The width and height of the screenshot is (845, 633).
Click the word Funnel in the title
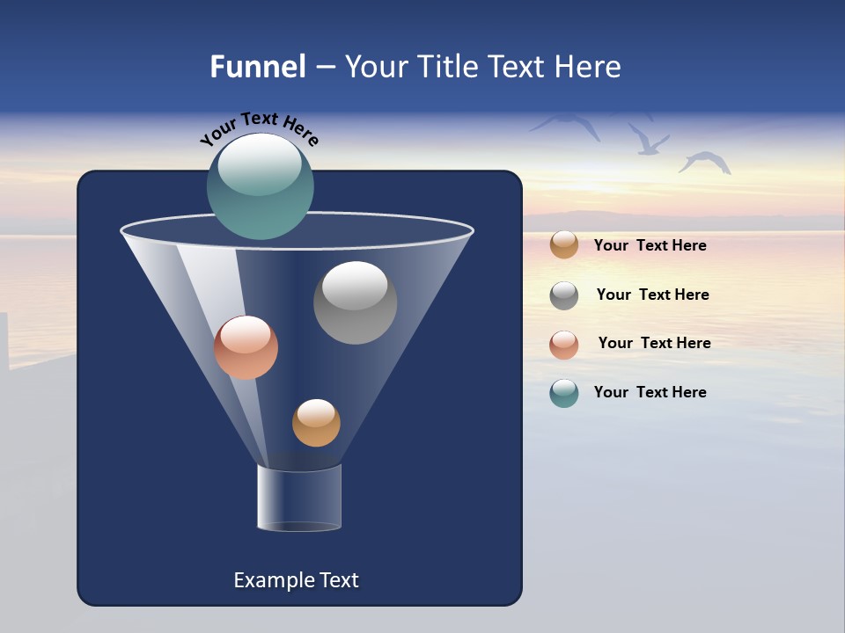[257, 67]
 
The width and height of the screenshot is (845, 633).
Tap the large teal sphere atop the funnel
[261, 186]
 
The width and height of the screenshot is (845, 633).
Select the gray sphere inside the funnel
[355, 302]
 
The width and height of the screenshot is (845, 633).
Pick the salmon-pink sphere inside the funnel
[246, 347]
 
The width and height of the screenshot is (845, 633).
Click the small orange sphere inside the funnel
[316, 423]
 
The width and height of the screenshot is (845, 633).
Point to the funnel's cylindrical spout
[298, 498]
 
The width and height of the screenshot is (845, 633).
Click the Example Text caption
[296, 580]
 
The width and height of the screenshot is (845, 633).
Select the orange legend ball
[564, 245]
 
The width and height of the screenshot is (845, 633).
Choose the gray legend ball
[564, 295]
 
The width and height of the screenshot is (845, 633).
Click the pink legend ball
[564, 345]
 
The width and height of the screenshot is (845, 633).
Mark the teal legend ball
[564, 393]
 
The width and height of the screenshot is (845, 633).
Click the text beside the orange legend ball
[650, 246]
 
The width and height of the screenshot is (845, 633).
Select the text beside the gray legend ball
[652, 295]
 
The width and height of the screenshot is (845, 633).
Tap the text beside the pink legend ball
[654, 344]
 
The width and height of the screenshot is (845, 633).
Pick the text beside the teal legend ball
[650, 393]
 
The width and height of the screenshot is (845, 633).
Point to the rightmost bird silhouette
[705, 162]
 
